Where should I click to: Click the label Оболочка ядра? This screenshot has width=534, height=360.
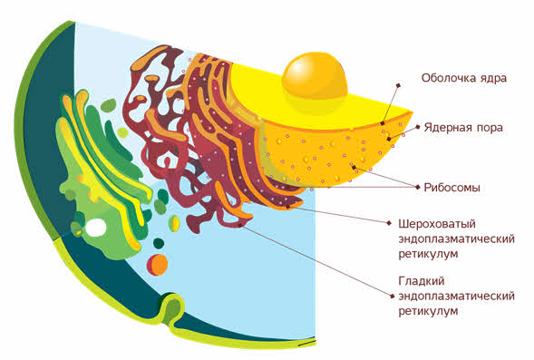tap(464, 78)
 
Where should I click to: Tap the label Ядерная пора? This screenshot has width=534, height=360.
tap(463, 128)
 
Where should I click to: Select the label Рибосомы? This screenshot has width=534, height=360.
tap(451, 188)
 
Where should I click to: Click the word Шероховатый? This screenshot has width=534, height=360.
tap(437, 224)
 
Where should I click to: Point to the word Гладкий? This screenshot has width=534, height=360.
tap(422, 281)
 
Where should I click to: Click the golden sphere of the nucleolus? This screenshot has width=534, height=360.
tap(315, 75)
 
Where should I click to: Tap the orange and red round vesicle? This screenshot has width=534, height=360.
tap(158, 265)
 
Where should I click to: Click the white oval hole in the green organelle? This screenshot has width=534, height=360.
tap(96, 228)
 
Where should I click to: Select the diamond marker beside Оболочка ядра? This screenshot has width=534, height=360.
tap(398, 85)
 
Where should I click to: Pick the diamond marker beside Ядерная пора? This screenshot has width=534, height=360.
tap(418, 127)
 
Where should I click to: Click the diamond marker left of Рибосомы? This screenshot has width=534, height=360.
tap(418, 187)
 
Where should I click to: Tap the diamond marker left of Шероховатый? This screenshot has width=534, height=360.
tap(389, 223)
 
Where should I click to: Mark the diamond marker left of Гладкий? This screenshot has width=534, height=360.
tap(392, 297)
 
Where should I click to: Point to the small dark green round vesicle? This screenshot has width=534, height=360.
tap(159, 243)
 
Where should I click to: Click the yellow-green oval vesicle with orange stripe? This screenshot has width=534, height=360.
tap(174, 223)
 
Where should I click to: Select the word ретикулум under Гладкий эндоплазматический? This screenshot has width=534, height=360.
tap(428, 311)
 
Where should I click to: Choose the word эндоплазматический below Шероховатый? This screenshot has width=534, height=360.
tap(456, 239)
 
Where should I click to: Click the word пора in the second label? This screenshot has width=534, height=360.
tap(490, 129)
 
